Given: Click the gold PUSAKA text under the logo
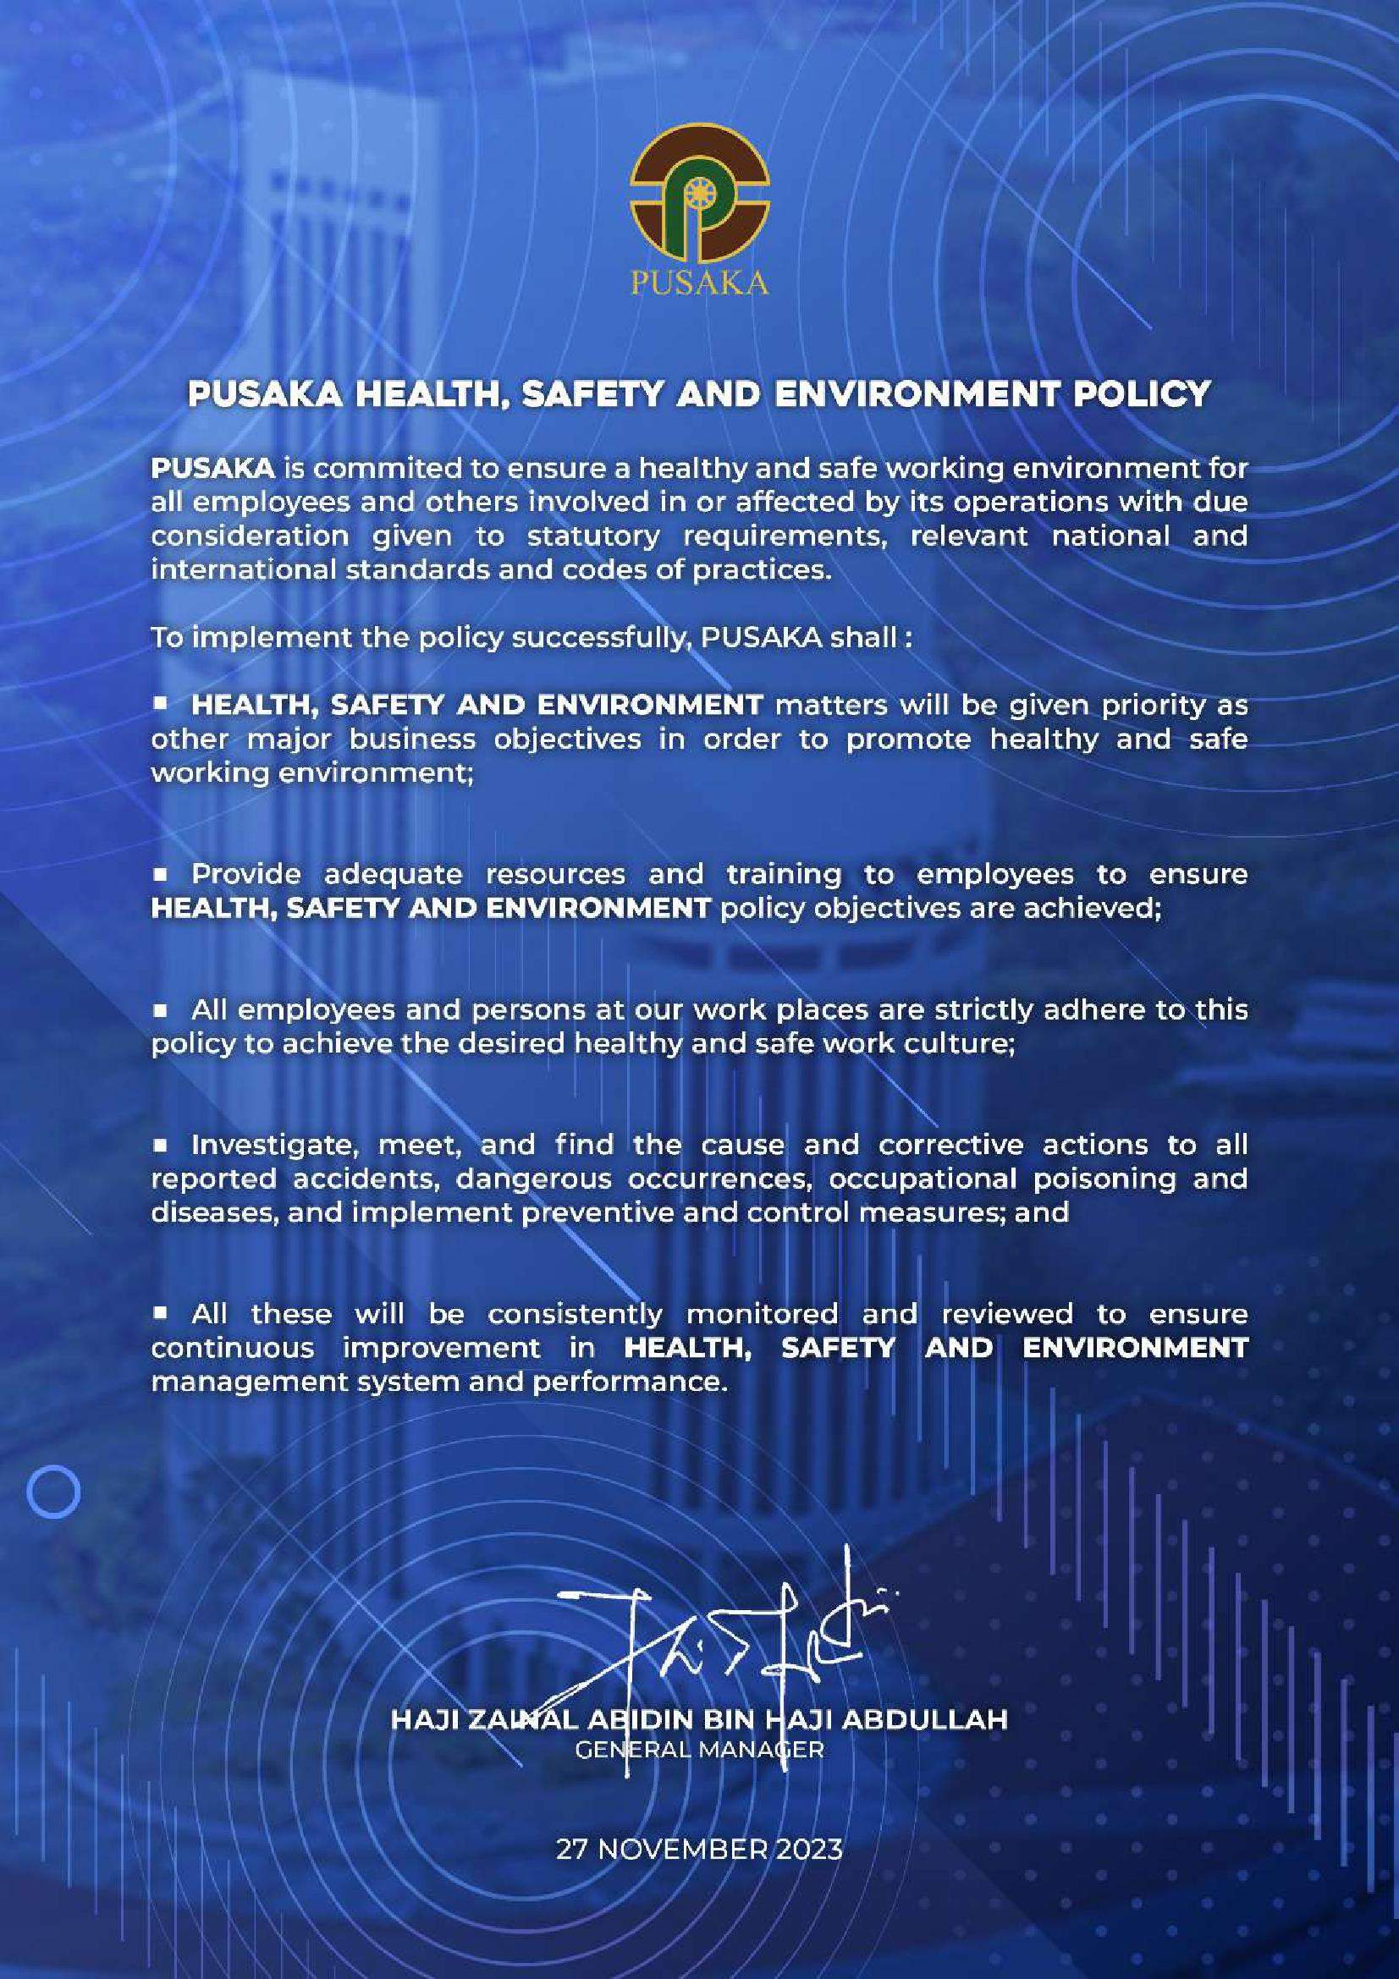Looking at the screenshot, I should coord(699,284).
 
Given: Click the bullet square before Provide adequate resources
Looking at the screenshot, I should coord(160,874).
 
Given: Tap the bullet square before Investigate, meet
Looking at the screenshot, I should coord(160,1145).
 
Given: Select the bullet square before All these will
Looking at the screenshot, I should coord(160,1314).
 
